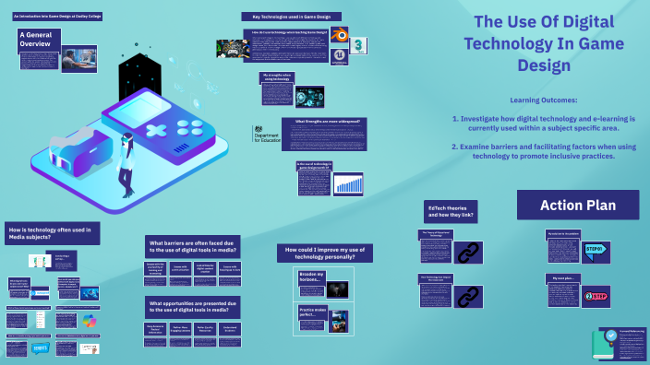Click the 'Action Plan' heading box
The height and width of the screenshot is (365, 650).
pos(578,205)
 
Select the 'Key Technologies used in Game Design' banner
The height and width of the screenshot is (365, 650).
pos(291,17)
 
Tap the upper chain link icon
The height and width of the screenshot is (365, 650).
pos(471,251)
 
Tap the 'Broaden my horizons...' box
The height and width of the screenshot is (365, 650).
pos(311,277)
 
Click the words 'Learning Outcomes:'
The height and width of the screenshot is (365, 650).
pos(542,99)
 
